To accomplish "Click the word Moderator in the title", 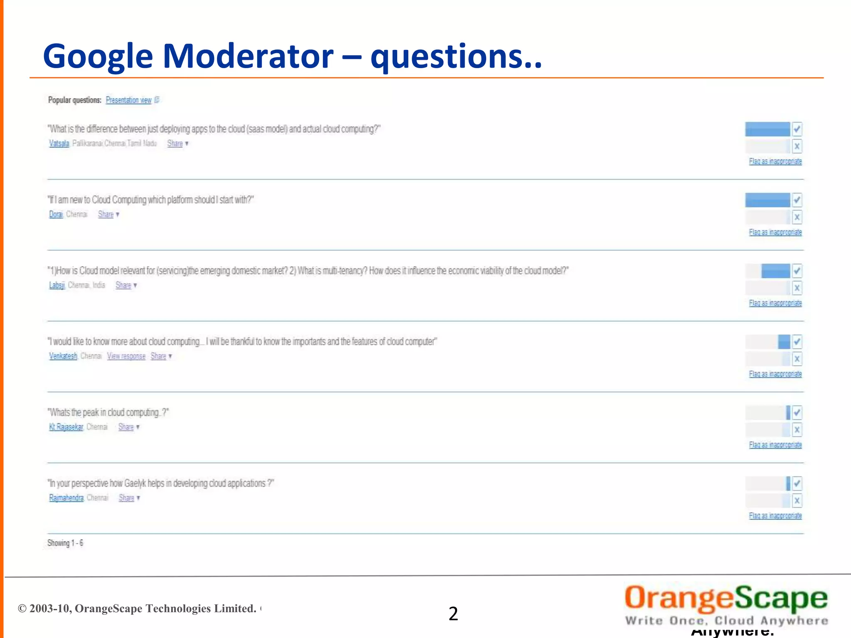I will pyautogui.click(x=248, y=56).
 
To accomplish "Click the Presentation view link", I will pyautogui.click(x=128, y=100).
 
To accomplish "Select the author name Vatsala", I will pyautogui.click(x=59, y=143).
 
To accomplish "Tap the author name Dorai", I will pyautogui.click(x=56, y=214).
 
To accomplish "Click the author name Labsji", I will pyautogui.click(x=57, y=285).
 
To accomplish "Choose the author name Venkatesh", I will pyautogui.click(x=63, y=356).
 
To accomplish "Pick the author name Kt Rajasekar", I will pyautogui.click(x=66, y=427).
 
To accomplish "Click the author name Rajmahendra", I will pyautogui.click(x=66, y=498).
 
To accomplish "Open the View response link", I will pyautogui.click(x=126, y=356).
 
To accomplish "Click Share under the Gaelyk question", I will pyautogui.click(x=126, y=498).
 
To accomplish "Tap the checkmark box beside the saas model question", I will pyautogui.click(x=797, y=129).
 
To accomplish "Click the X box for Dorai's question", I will pyautogui.click(x=797, y=217).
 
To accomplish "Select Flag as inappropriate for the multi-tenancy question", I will pyautogui.click(x=775, y=303).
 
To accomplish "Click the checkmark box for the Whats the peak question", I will pyautogui.click(x=797, y=413).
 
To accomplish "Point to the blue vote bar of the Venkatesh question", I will pyautogui.click(x=784, y=342).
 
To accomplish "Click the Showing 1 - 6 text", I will pyautogui.click(x=65, y=543).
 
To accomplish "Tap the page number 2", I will pyautogui.click(x=453, y=613).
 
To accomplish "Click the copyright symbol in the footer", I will pyautogui.click(x=22, y=609).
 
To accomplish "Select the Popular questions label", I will pyautogui.click(x=75, y=100).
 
